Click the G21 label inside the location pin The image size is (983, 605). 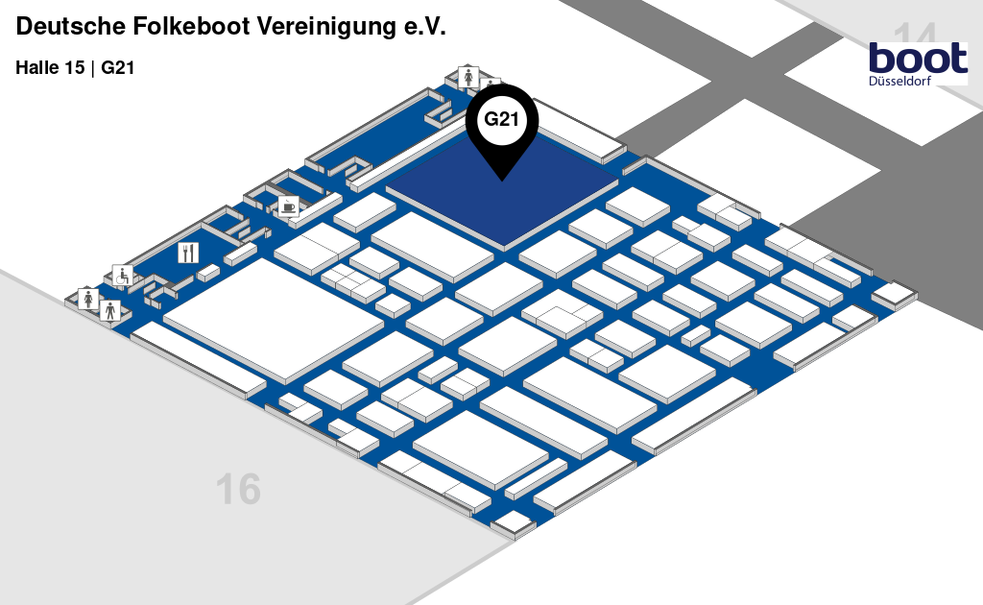501,120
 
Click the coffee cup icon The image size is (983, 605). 288,206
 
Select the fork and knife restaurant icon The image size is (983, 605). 188,253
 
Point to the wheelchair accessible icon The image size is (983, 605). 123,276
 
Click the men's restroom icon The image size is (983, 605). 110,310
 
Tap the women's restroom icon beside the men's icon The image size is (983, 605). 89,299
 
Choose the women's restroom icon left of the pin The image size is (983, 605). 468,76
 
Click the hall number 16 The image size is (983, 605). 238,490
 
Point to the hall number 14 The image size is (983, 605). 916,36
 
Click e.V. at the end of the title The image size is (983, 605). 423,28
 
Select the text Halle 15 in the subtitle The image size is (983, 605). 50,68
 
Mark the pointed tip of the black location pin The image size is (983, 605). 501,179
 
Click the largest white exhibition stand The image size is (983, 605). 274,318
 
